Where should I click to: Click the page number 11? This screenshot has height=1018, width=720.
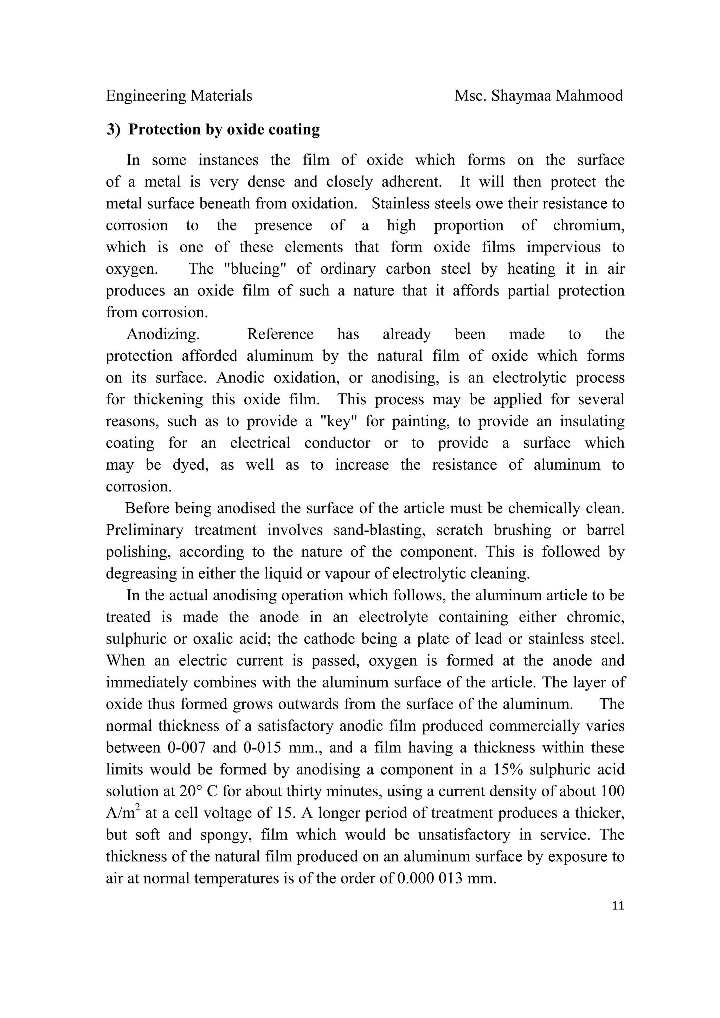pyautogui.click(x=618, y=906)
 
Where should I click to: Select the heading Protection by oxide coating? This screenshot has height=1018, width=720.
pyautogui.click(x=224, y=130)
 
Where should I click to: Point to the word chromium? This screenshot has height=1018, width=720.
pyautogui.click(x=588, y=225)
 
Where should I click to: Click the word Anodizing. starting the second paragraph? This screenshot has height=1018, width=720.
pyautogui.click(x=163, y=334)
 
